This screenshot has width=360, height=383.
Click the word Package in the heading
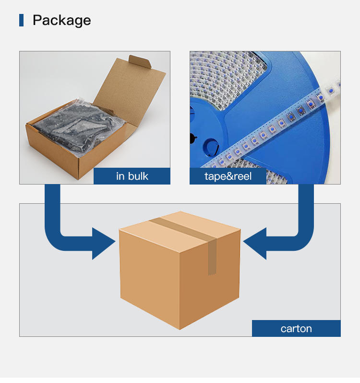[61, 20]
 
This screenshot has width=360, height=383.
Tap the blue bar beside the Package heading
[21, 20]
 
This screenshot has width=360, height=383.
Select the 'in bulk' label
[132, 176]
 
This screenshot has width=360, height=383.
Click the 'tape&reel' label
[228, 176]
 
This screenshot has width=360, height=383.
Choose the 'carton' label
[296, 329]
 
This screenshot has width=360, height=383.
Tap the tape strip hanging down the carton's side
[212, 257]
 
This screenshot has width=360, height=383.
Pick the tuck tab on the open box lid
[140, 61]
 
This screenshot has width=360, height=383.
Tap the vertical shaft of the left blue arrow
[53, 207]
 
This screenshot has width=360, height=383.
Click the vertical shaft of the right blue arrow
[306, 207]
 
